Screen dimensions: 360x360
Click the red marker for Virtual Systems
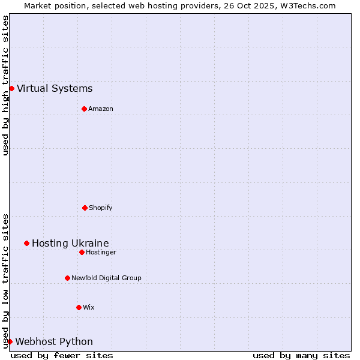click(x=11, y=88)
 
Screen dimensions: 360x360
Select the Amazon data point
click(x=84, y=109)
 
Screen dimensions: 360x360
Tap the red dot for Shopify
click(x=85, y=208)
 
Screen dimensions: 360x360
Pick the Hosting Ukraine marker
click(x=26, y=243)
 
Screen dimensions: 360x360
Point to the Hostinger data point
click(x=82, y=252)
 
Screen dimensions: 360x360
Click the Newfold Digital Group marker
click(x=67, y=278)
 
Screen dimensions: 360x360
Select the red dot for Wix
click(x=79, y=307)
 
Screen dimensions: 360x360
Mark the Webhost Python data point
click(x=10, y=341)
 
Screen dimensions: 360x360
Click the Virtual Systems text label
click(x=55, y=89)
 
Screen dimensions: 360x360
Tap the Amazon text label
click(x=101, y=109)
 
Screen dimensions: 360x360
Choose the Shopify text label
click(x=101, y=208)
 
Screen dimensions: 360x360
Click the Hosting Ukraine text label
click(x=70, y=243)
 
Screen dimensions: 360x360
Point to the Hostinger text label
click(x=101, y=252)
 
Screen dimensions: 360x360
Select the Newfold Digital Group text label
click(x=106, y=278)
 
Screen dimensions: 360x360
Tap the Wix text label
click(x=89, y=307)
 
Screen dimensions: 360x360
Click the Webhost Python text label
click(x=54, y=342)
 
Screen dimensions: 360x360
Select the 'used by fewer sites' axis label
click(x=62, y=355)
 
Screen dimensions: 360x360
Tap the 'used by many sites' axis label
click(x=301, y=355)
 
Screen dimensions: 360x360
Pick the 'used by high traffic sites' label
click(x=5, y=85)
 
